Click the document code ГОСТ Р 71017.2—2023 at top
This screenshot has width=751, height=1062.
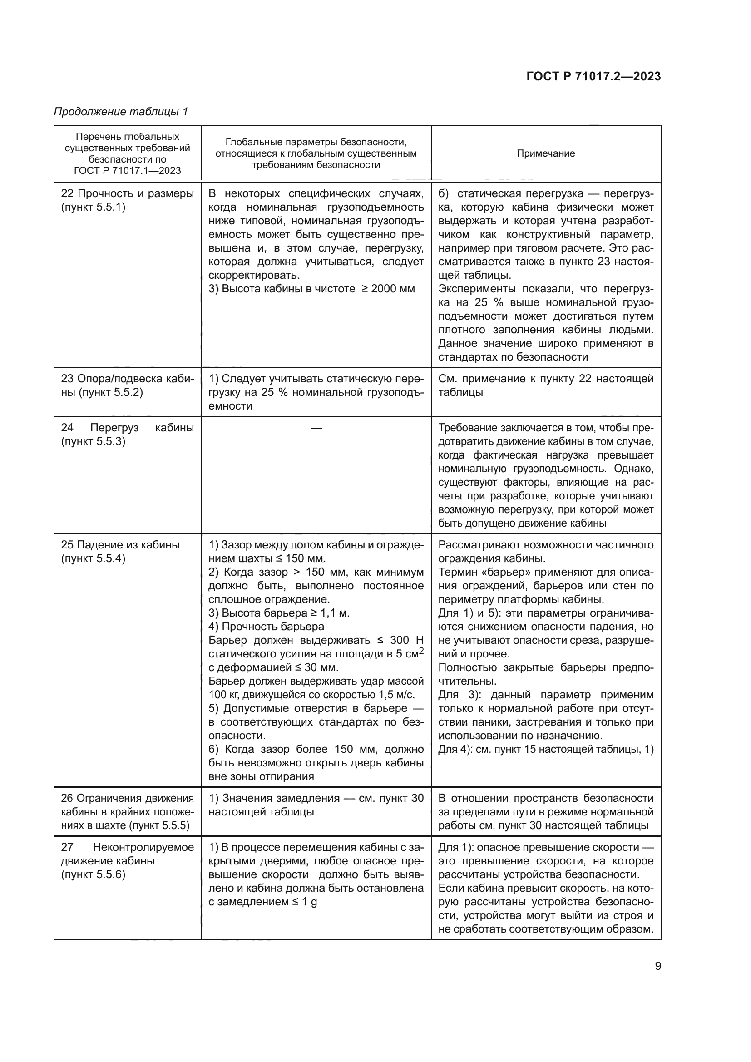(593, 76)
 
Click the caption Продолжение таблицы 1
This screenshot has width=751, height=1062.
(121, 112)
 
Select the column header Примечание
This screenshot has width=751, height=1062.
(546, 153)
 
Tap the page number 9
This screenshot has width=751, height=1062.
(657, 966)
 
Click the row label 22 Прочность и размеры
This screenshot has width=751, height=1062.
(127, 193)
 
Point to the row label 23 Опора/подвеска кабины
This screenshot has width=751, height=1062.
(127, 379)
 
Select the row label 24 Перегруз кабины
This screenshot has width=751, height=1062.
(127, 428)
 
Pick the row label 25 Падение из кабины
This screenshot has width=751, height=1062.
(120, 545)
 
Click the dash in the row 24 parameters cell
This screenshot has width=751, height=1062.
(316, 428)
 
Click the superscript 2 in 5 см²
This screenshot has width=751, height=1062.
(421, 651)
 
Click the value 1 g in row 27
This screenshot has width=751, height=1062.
(309, 903)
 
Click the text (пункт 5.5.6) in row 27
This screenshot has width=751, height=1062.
(93, 874)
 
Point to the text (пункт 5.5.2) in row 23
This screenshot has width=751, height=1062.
(110, 393)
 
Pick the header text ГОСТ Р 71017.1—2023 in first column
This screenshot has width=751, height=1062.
(127, 171)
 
